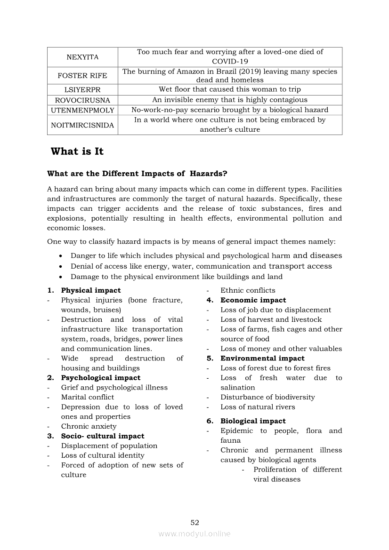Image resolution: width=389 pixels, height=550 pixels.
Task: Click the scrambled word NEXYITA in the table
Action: [82, 57]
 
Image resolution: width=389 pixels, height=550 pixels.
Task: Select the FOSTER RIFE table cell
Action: [82, 76]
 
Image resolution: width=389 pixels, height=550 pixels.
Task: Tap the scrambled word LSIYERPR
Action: [82, 89]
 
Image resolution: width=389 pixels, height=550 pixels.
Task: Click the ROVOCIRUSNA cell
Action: [82, 100]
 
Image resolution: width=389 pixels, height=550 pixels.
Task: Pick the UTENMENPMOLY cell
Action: [82, 110]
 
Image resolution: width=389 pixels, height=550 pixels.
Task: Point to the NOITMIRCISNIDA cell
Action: [82, 125]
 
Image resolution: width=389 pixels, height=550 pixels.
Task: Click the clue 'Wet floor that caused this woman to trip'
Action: [230, 89]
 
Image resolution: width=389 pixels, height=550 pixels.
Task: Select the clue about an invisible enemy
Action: [230, 100]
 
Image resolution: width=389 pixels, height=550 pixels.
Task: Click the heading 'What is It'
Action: [77, 151]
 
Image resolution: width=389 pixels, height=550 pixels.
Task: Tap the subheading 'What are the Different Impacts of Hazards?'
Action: [137, 174]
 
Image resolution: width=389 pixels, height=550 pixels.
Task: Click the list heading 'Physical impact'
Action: [91, 290]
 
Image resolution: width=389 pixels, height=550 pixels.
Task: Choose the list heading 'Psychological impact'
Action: [101, 378]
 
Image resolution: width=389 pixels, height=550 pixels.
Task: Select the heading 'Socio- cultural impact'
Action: [103, 436]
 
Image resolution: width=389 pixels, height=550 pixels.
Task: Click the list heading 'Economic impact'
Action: [253, 300]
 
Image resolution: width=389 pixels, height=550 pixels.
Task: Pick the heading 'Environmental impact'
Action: [262, 359]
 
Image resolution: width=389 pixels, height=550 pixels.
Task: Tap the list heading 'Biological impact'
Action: [253, 421]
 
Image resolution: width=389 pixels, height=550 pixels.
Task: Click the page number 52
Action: [195, 522]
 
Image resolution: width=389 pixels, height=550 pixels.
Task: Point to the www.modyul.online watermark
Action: [194, 534]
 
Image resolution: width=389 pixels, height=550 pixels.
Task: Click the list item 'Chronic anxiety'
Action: [89, 426]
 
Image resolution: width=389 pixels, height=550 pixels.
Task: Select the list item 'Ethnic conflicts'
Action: [248, 290]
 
